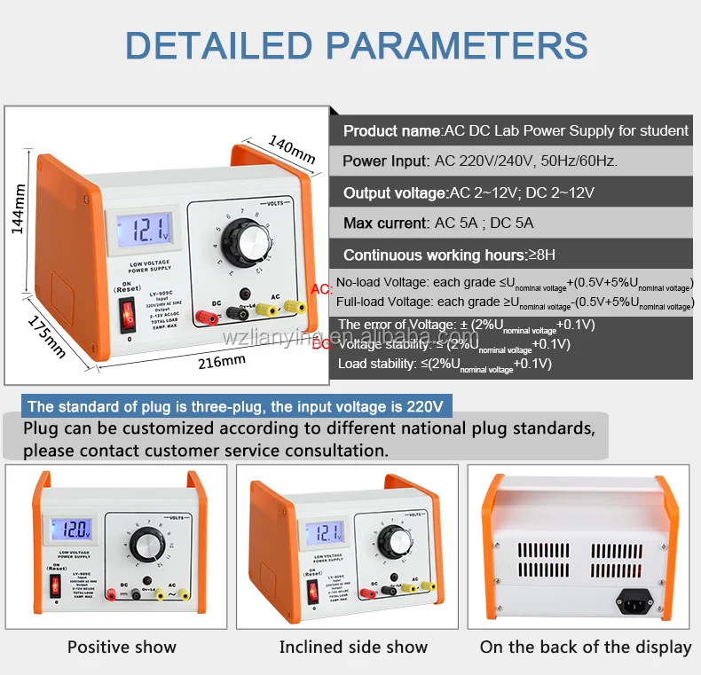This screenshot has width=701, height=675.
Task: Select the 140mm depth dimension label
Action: point(290,148)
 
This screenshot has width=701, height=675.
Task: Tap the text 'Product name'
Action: point(391,130)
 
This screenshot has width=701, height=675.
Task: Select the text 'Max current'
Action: point(385,224)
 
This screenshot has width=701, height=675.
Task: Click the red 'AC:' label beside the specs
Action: point(321,289)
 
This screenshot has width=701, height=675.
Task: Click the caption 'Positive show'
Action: point(122,648)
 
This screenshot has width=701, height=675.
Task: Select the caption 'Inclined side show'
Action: point(353,648)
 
